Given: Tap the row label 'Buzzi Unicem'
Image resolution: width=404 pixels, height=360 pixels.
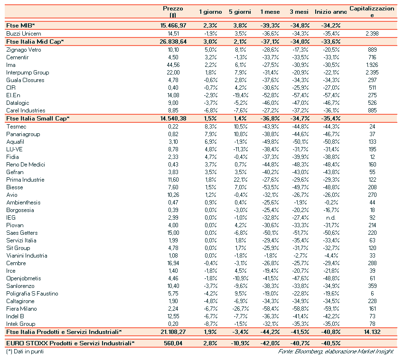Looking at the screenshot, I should [24, 34].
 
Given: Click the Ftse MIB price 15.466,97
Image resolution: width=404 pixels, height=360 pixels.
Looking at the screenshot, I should [173, 26].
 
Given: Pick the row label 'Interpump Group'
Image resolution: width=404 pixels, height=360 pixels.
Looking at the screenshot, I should [28, 72].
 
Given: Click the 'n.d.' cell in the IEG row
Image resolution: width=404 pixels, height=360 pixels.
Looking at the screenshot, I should [326, 218].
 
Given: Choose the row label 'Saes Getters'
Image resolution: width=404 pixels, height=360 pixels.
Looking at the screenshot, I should [22, 233].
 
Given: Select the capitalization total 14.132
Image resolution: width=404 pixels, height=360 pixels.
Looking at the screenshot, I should [372, 332].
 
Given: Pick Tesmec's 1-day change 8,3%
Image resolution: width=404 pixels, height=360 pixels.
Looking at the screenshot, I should [210, 126].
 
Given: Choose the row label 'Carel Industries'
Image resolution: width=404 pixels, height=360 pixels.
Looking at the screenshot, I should [26, 110].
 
